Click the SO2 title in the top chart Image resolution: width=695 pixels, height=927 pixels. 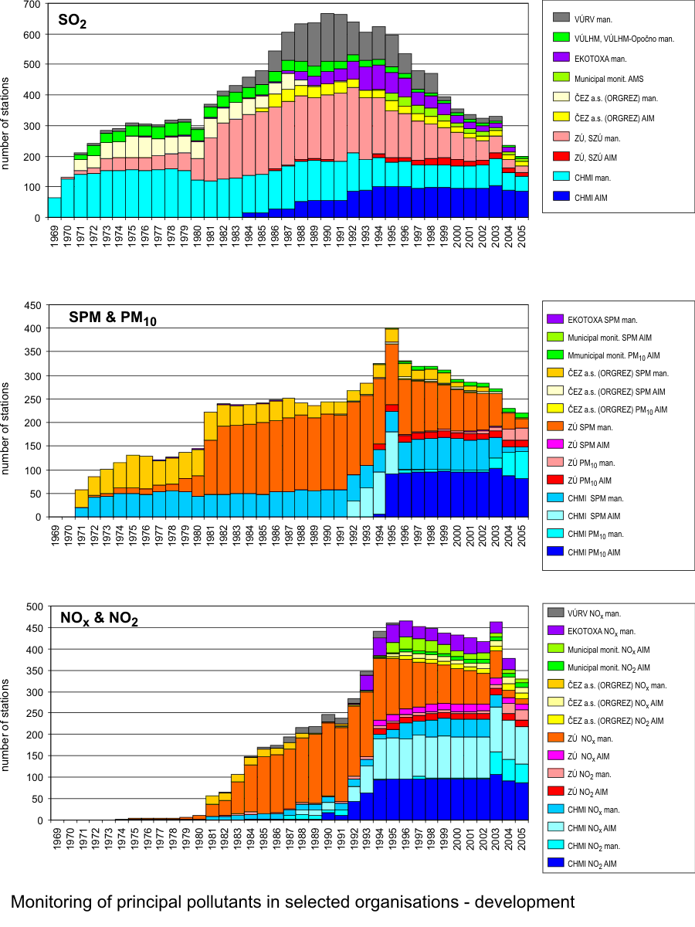73,19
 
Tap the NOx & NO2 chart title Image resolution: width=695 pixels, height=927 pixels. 99,617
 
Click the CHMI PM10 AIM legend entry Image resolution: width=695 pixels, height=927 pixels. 605,552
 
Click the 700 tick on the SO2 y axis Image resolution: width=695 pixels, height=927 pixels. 32,5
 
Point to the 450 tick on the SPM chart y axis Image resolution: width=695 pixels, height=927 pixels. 32,305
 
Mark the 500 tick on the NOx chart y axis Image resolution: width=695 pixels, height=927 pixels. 32,606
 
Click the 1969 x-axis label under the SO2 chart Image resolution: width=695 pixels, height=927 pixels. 55,237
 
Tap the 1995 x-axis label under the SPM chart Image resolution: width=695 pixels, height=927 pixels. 392,536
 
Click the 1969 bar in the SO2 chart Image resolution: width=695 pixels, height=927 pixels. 55,208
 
